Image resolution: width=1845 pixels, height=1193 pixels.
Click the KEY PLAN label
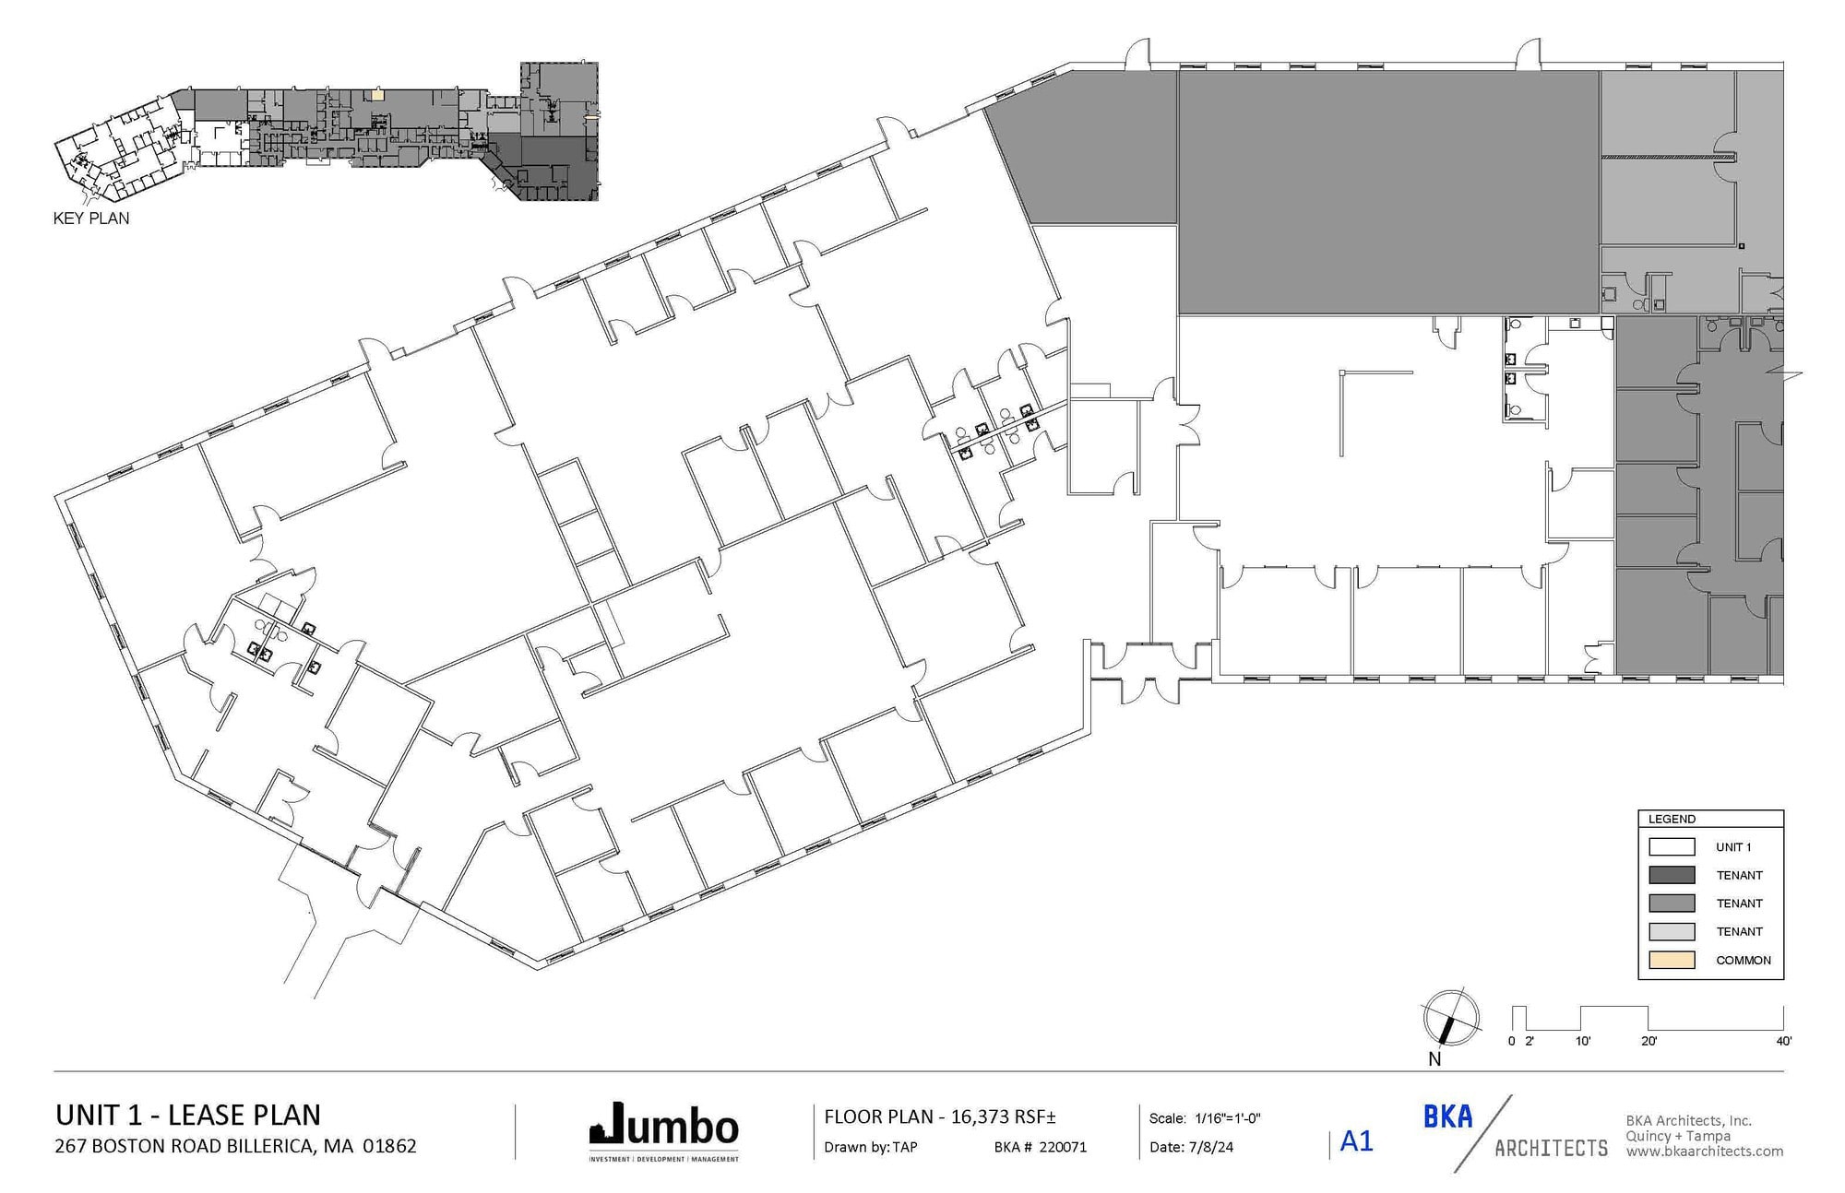pos(91,219)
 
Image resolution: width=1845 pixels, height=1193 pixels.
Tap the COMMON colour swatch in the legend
pos(1671,960)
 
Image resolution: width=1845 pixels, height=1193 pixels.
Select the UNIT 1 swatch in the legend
pos(1671,846)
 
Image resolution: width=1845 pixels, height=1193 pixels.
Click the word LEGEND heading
pos(1672,819)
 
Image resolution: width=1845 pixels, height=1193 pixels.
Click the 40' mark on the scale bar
pos(1783,1041)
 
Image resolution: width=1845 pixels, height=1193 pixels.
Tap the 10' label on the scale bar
pos(1582,1041)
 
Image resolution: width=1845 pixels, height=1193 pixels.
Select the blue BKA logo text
pos(1447,1116)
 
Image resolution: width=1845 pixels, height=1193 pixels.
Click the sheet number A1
pos(1356,1141)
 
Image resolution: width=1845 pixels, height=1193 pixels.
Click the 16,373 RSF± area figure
pos(1003,1116)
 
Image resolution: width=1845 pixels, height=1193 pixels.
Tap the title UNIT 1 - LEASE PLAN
pos(188,1115)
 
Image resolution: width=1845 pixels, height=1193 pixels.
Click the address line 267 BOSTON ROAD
pos(235,1146)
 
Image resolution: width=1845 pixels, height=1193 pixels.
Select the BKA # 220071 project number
pos(1040,1147)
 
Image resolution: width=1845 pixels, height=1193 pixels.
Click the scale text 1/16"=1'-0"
pos(1227,1118)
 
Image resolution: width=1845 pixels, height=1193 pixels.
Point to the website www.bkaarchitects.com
pos(1704,1151)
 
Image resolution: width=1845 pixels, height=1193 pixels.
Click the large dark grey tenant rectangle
pos(1388,192)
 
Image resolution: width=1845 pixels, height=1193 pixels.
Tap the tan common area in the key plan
pos(376,94)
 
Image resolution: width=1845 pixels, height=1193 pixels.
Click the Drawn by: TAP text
pos(870,1147)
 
